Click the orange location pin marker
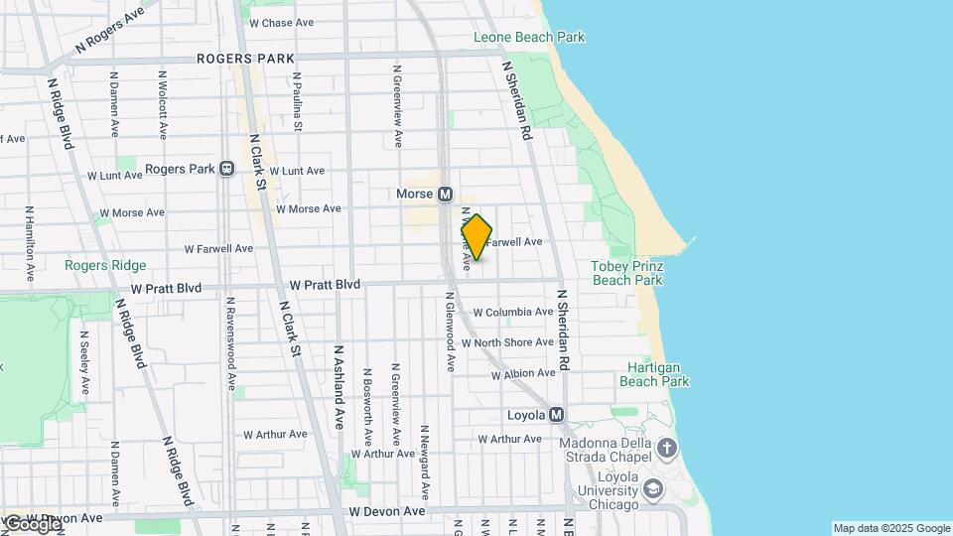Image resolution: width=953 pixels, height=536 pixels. tap(476, 237)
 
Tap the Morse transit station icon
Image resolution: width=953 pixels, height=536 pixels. tap(445, 195)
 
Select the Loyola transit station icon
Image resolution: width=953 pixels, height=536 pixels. tap(556, 414)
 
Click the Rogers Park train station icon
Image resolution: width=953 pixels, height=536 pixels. tap(226, 169)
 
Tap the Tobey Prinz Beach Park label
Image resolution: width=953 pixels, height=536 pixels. tap(626, 273)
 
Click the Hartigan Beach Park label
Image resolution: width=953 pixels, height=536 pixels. tap(653, 373)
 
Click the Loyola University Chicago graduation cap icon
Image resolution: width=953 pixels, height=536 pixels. tap(653, 488)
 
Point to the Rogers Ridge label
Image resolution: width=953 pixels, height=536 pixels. tap(105, 265)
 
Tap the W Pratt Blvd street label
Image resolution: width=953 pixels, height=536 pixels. tap(166, 288)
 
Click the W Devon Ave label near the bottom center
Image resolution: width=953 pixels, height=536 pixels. tap(387, 511)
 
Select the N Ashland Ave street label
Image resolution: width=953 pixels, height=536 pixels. tap(339, 386)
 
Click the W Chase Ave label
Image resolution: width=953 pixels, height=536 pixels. tap(282, 22)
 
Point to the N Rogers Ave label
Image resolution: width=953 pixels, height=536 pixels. tap(109, 30)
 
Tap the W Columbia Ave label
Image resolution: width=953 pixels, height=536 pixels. tap(512, 312)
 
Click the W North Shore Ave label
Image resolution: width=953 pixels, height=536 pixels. tap(513, 342)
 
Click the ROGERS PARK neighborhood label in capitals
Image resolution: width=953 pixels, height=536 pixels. tap(245, 59)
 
